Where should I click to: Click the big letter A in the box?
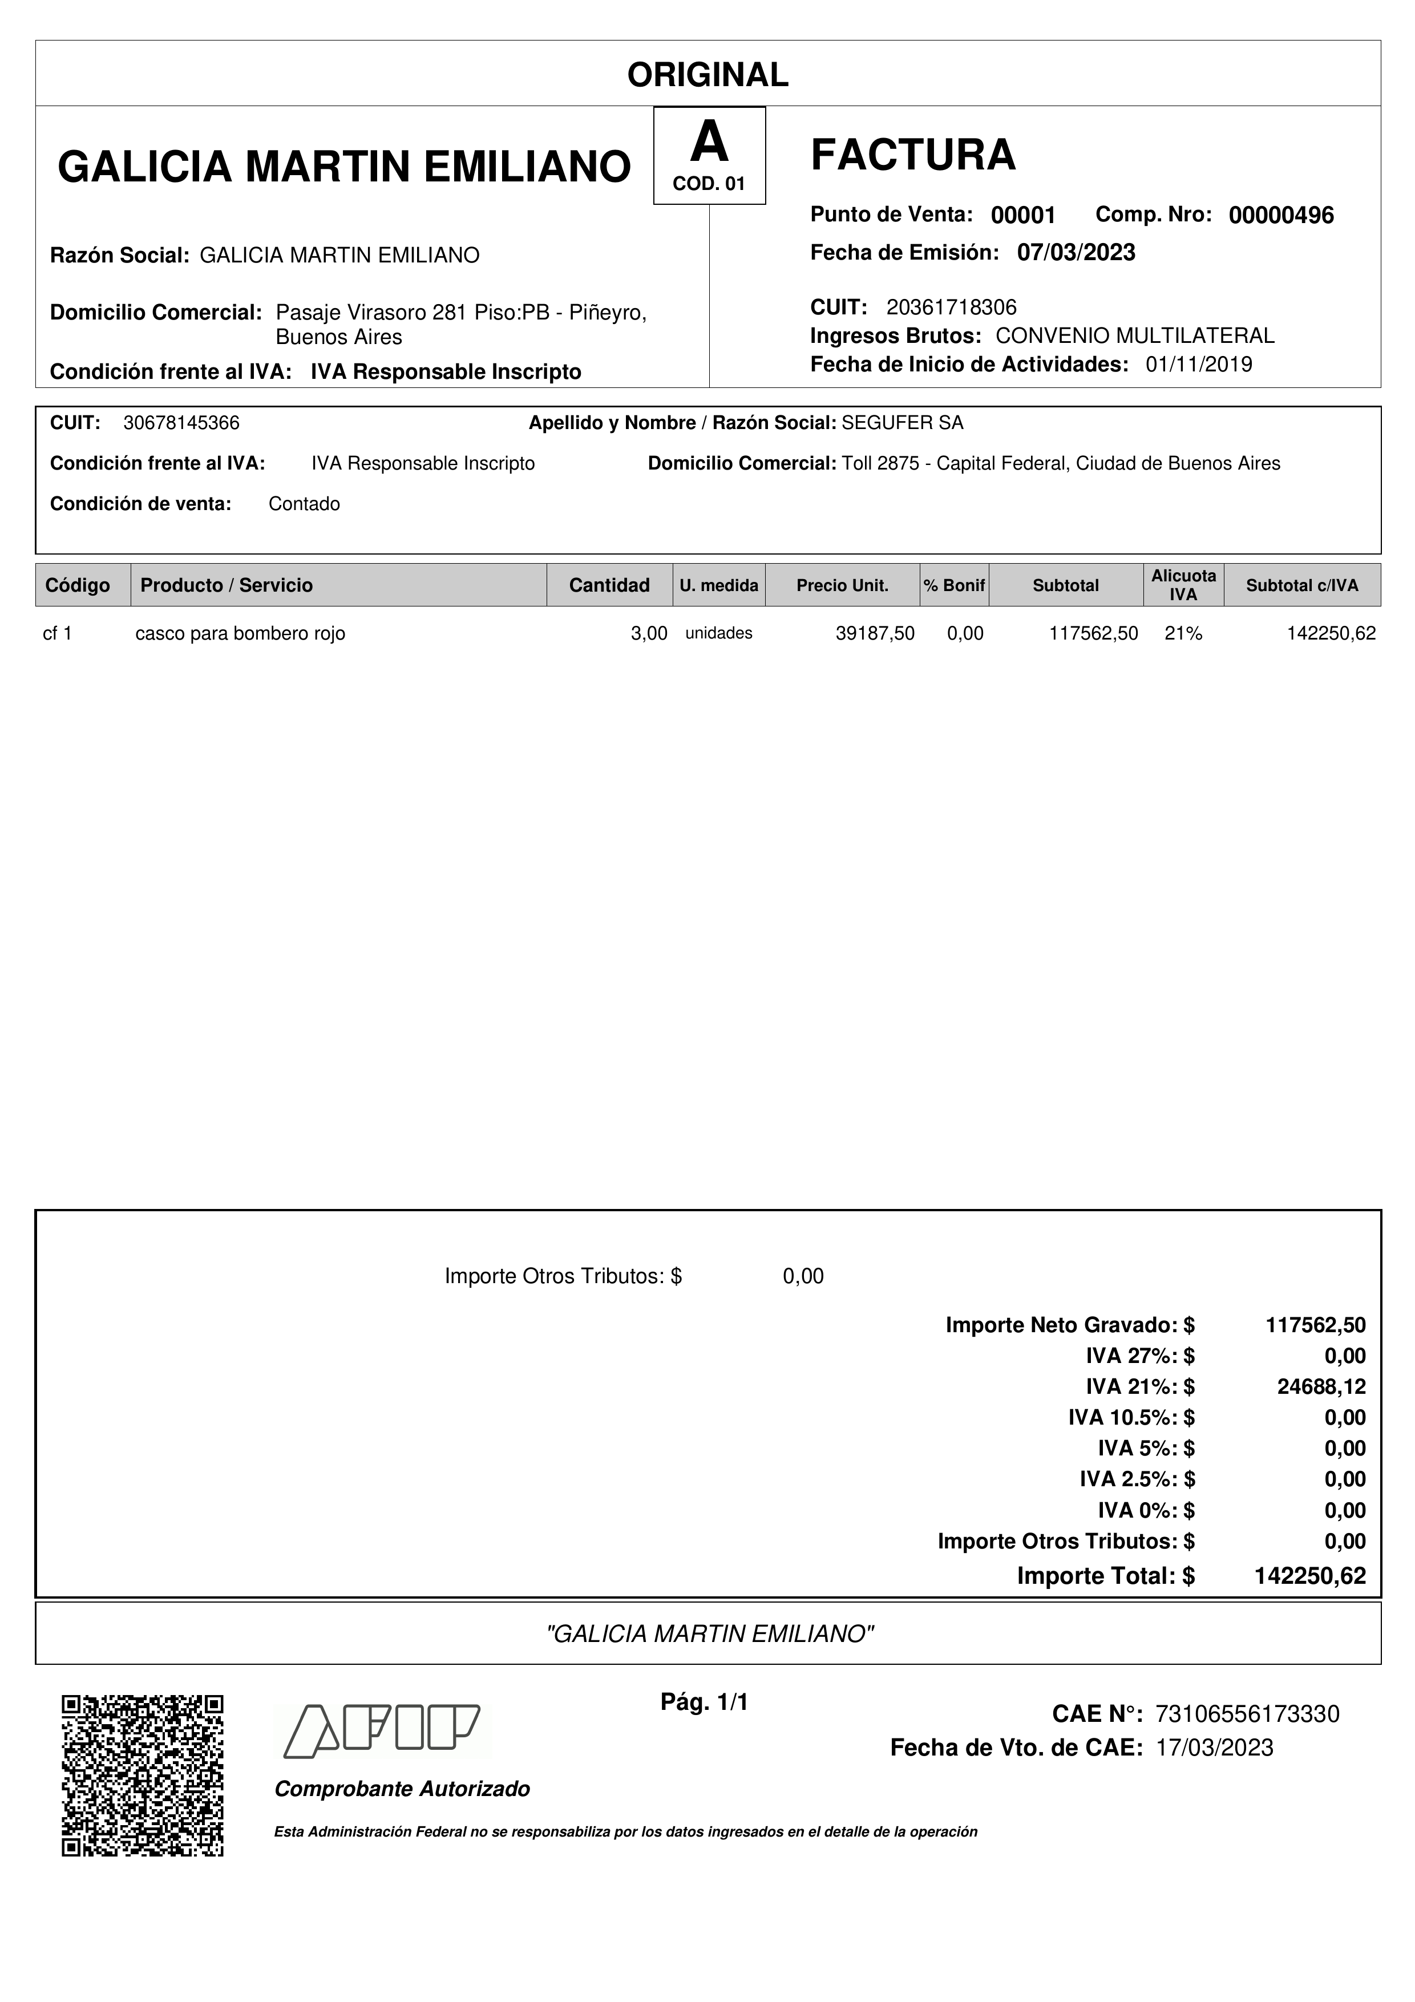(709, 142)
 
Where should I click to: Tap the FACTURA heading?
(913, 155)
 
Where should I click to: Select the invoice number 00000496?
(1281, 215)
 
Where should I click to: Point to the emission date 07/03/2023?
(1076, 253)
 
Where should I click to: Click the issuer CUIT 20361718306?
(951, 307)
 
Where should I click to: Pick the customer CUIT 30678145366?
(181, 423)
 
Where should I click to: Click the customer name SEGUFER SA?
(903, 423)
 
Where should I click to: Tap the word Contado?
(304, 504)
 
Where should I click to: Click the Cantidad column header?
(609, 585)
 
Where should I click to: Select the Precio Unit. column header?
(842, 585)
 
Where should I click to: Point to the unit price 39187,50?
(875, 634)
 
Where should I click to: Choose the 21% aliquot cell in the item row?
(1183, 634)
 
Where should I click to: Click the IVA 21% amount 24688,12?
(1321, 1386)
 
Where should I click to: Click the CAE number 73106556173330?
(1247, 1714)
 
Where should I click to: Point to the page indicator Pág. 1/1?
(705, 1702)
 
